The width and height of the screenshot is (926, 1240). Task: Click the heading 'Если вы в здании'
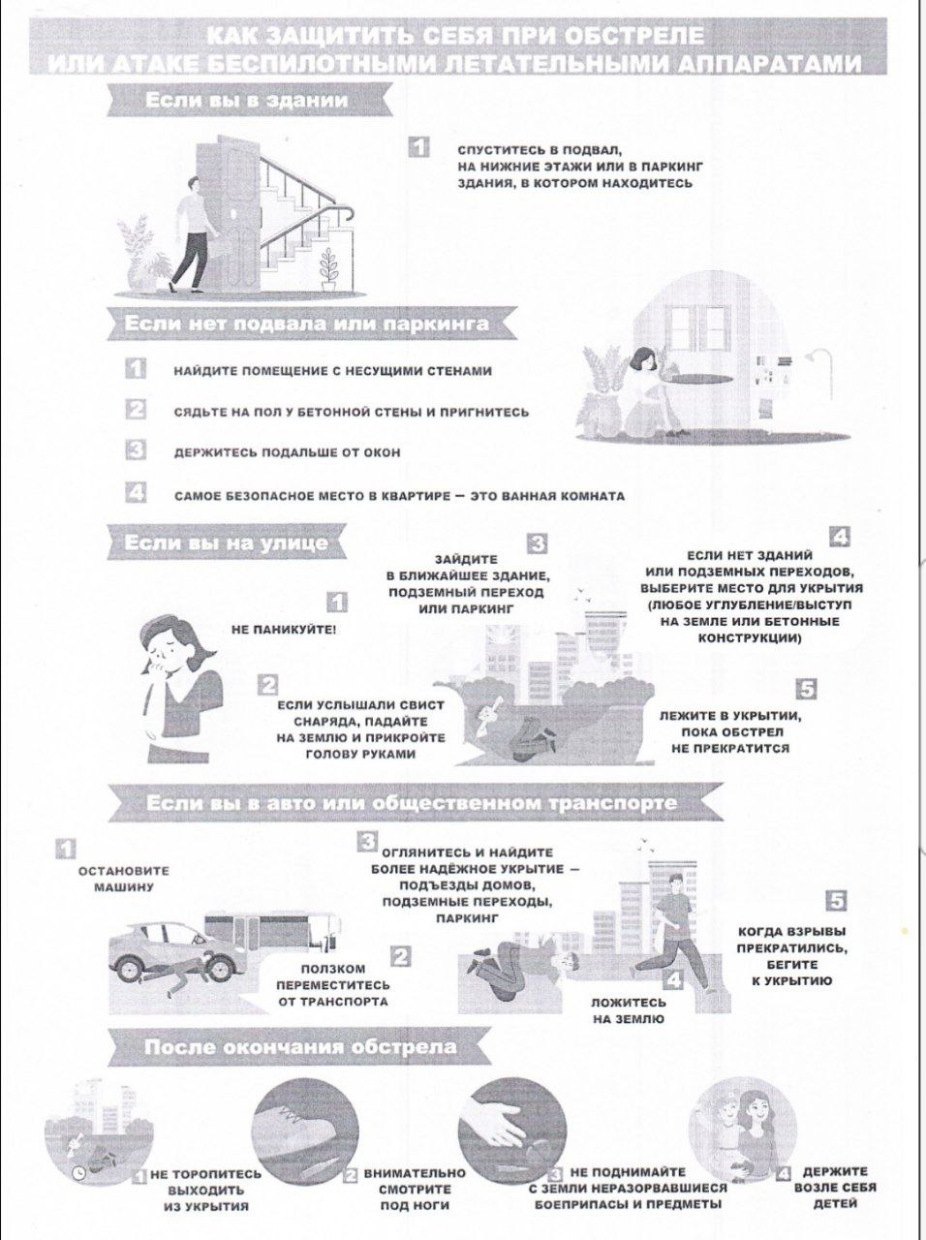(x=246, y=101)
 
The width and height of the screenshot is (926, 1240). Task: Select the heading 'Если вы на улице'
(x=226, y=543)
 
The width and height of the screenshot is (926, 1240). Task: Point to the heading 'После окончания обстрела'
(x=300, y=1047)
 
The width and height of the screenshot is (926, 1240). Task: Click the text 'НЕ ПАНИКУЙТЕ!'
(x=284, y=630)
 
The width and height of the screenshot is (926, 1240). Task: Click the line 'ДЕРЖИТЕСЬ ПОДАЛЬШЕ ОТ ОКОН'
(x=287, y=453)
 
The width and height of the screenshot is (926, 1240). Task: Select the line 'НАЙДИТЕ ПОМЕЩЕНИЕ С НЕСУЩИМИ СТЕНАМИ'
(x=332, y=372)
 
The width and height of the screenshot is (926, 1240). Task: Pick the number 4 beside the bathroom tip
(x=136, y=492)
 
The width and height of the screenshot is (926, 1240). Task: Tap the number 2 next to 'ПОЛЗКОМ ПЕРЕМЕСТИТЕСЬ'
(x=400, y=957)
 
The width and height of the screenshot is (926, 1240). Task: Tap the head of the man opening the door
(x=193, y=185)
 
